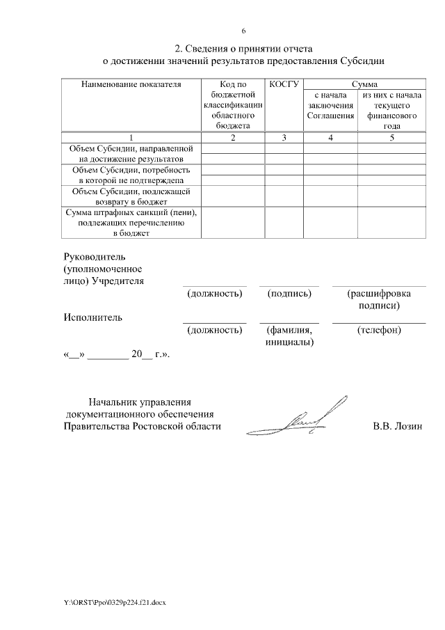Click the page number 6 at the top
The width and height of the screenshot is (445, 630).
(x=243, y=31)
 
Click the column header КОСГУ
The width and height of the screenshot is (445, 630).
(x=283, y=84)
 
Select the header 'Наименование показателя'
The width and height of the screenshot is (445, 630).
(x=131, y=84)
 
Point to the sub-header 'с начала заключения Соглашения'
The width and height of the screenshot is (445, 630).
(x=330, y=104)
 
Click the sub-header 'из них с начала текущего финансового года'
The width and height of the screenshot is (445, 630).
(x=391, y=110)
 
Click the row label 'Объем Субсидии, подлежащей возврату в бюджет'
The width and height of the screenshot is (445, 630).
(x=131, y=196)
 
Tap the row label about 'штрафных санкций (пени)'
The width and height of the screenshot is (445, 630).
(x=131, y=223)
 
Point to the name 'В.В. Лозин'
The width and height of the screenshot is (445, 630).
(x=397, y=426)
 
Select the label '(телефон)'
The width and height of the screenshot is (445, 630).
(x=379, y=330)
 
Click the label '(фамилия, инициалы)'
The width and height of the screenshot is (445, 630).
(x=289, y=336)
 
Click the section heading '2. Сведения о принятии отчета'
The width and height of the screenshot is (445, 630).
(x=243, y=49)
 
